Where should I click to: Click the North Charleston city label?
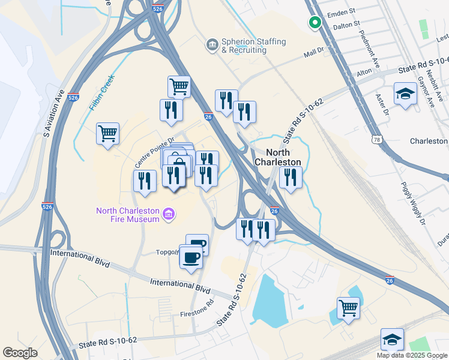277,157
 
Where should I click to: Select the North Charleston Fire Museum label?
128,214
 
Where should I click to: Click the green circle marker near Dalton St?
314,23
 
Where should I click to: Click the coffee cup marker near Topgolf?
191,257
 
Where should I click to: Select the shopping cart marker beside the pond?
348,308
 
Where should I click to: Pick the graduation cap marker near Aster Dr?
406,93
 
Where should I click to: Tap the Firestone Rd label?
197,314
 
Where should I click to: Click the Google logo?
20,353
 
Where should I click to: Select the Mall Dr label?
314,53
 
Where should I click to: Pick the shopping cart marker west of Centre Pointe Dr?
107,133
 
